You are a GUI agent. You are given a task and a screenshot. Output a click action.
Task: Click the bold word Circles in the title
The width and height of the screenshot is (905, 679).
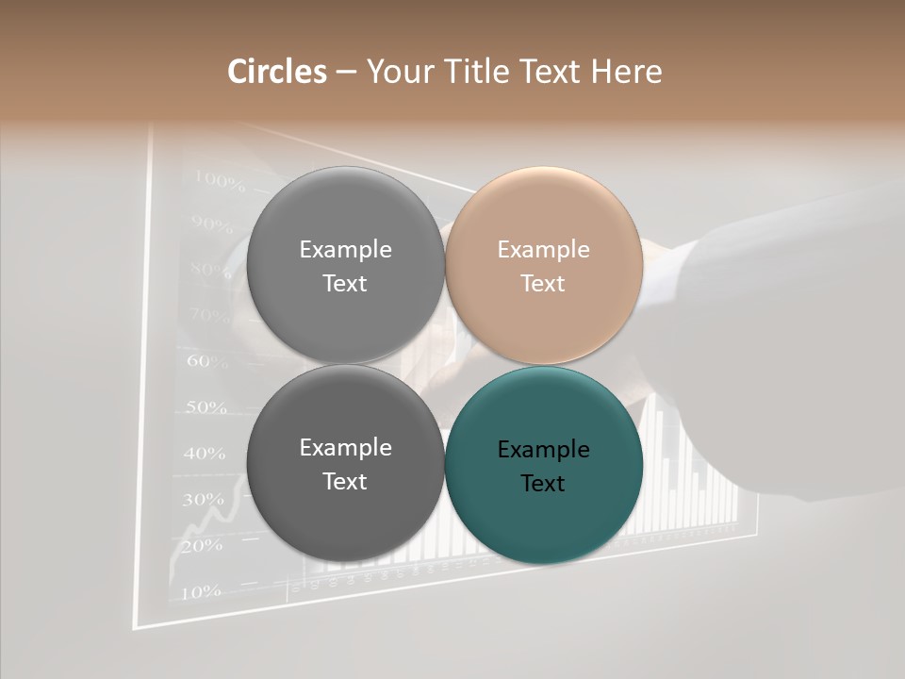coord(276,72)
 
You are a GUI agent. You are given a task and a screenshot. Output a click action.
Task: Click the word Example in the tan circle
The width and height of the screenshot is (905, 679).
coord(543,249)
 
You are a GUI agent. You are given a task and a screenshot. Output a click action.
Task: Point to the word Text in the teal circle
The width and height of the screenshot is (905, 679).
coord(543,483)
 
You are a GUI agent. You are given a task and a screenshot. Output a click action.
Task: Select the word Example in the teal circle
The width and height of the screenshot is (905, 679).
coord(543,449)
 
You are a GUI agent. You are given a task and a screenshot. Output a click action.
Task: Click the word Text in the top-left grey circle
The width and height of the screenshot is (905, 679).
coord(345,283)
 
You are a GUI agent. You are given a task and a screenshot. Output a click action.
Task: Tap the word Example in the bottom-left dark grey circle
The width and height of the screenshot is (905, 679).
coord(345,447)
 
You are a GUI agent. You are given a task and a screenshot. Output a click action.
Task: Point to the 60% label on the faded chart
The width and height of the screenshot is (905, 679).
coord(207,361)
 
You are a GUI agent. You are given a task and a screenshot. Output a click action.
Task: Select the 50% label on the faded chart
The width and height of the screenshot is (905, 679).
coord(206,407)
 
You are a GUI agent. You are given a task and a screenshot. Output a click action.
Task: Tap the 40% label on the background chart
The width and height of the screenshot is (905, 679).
coord(204,454)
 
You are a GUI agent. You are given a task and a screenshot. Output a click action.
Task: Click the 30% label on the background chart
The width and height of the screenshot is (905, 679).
coord(202,500)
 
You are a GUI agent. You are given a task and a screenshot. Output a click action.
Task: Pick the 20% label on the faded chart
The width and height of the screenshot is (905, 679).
coord(201,545)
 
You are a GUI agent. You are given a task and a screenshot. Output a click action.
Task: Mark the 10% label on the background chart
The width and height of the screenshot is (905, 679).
coord(200,592)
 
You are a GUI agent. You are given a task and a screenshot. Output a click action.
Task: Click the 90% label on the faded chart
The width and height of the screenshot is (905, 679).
coord(211,224)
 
